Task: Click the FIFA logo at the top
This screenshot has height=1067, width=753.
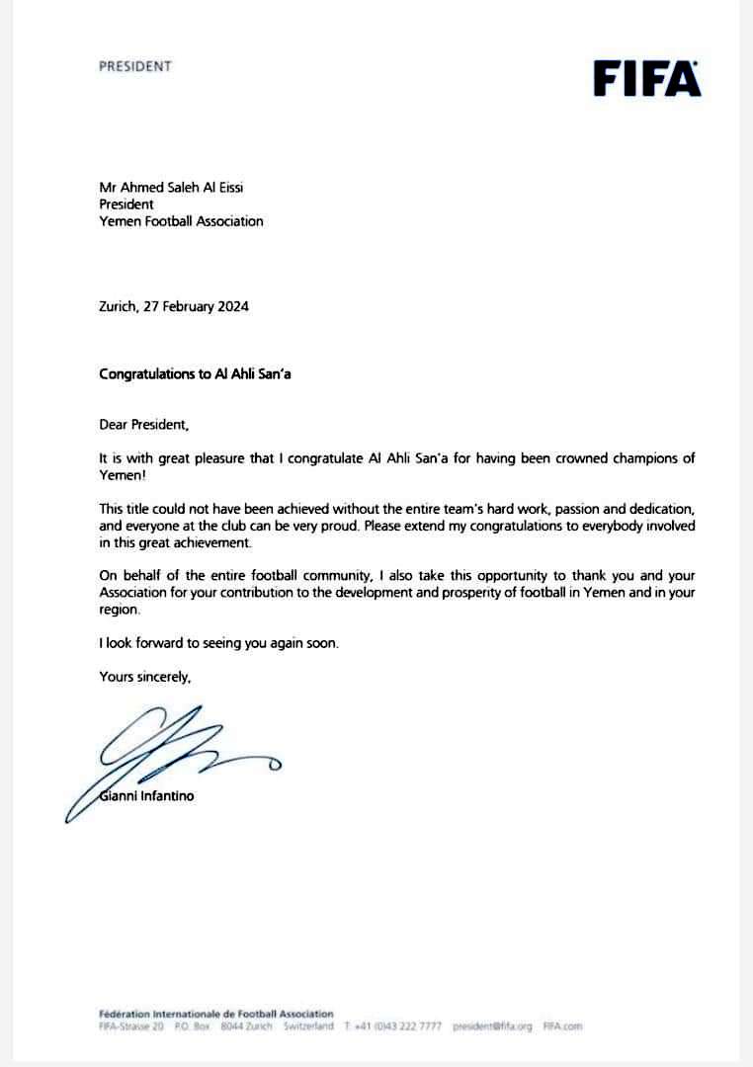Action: pyautogui.click(x=647, y=78)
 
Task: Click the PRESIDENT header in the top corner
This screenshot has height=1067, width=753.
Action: pyautogui.click(x=135, y=66)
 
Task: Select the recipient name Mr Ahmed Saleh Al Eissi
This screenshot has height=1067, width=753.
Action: pyautogui.click(x=171, y=188)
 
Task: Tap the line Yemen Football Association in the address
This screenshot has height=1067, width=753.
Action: pyautogui.click(x=182, y=221)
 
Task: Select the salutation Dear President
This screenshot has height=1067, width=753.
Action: pyautogui.click(x=142, y=425)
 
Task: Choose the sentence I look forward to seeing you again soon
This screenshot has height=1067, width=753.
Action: pyautogui.click(x=218, y=643)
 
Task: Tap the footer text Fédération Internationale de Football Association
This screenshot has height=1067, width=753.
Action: pyautogui.click(x=216, y=1014)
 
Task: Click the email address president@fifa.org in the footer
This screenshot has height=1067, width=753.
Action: pyautogui.click(x=491, y=1026)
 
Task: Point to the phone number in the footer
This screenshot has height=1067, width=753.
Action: pyautogui.click(x=395, y=1026)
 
